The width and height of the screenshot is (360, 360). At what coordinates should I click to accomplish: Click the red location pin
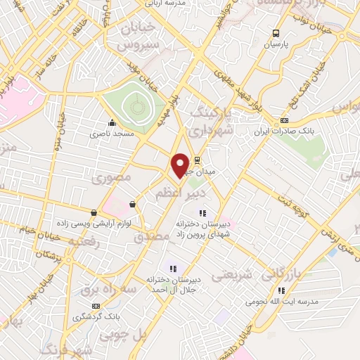pos(180,165)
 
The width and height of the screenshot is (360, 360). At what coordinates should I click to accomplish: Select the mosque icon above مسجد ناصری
pos(111,122)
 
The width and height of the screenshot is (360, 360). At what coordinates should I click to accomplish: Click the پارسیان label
pos(276,43)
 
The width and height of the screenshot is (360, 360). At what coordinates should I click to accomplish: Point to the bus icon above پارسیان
pos(276,32)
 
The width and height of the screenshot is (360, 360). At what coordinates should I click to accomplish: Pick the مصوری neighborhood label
pos(112,178)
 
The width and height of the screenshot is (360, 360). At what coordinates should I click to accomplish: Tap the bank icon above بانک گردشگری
pos(96,306)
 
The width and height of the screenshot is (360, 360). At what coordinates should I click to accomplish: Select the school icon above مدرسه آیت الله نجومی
pos(282,290)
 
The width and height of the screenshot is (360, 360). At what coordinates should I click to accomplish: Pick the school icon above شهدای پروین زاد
pos(202,212)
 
